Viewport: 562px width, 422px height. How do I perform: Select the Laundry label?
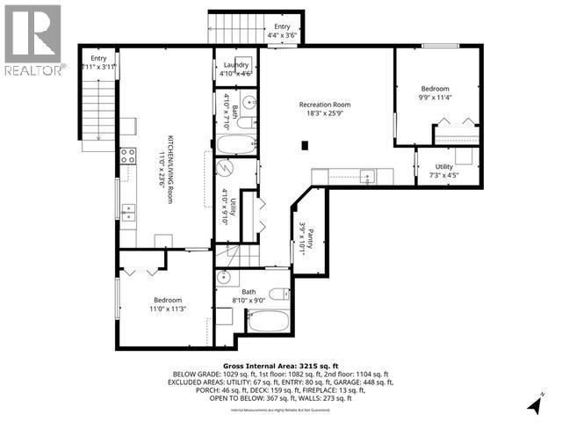(236, 65)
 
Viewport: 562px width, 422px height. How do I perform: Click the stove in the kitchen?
(126, 157)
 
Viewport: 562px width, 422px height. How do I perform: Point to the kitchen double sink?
(128, 211)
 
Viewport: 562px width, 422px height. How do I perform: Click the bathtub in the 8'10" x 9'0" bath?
(268, 317)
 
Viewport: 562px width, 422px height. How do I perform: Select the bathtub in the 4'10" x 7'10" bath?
(235, 146)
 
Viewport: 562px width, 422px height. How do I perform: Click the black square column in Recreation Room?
(305, 145)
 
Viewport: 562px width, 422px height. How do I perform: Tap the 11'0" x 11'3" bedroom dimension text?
(168, 309)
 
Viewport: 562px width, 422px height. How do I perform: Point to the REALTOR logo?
(32, 40)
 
